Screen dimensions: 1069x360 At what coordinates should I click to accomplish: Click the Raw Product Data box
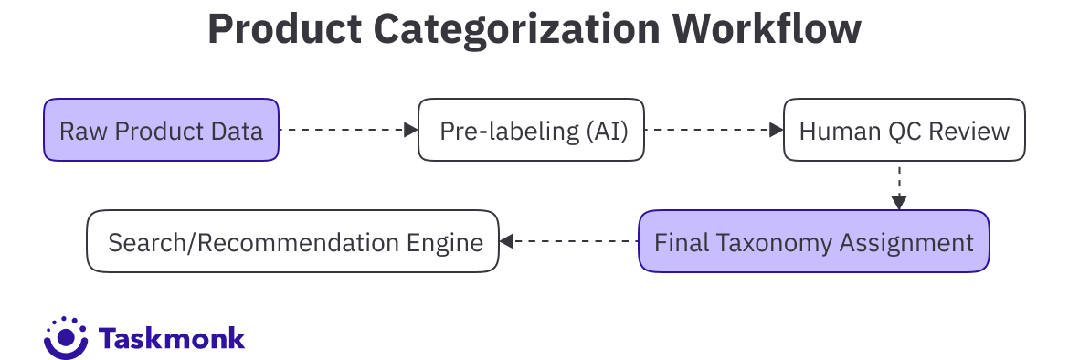[x=162, y=130]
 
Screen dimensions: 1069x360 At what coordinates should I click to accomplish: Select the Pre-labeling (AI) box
[x=531, y=130]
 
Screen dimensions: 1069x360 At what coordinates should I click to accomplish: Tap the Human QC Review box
[x=904, y=130]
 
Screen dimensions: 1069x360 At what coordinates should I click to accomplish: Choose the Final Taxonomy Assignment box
[x=814, y=241]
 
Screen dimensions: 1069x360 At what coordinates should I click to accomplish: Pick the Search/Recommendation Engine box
[x=293, y=241]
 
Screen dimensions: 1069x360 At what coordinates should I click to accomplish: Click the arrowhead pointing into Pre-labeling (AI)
[x=410, y=130]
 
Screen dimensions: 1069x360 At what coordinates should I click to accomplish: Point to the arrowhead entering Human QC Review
[x=776, y=130]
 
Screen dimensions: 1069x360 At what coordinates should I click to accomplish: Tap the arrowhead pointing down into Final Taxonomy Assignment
[x=899, y=203]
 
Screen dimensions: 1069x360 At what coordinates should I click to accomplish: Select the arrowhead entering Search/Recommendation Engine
[x=506, y=241]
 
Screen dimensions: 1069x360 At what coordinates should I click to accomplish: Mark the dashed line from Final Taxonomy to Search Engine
[x=576, y=241]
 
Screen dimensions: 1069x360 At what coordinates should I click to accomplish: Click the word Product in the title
[x=285, y=29]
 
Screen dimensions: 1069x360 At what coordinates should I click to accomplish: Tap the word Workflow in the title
[x=767, y=29]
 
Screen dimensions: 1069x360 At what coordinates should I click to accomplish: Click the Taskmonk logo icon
[x=66, y=337]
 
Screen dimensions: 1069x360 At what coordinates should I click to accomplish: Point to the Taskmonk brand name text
[x=171, y=337]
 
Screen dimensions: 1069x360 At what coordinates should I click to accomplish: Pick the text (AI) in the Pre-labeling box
[x=607, y=131]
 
